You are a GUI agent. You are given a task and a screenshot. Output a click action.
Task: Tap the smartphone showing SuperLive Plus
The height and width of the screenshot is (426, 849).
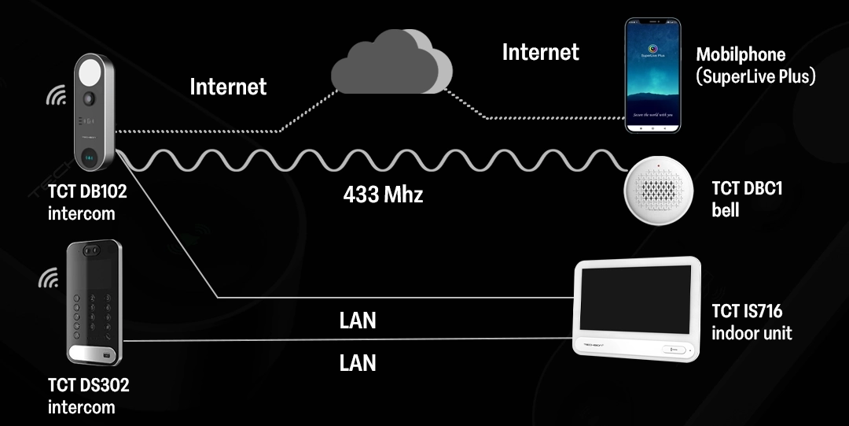coord(652,75)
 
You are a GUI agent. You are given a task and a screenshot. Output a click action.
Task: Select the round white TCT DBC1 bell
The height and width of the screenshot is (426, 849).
coord(661,190)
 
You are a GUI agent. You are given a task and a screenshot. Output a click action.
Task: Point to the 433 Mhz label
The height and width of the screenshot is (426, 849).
coord(383,194)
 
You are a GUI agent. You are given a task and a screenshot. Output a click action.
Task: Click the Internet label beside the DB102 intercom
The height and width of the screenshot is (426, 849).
coord(228,86)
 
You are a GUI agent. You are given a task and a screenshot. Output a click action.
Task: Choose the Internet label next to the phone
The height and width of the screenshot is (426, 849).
coord(540,52)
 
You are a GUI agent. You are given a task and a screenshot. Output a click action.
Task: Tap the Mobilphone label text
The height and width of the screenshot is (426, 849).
coord(741,54)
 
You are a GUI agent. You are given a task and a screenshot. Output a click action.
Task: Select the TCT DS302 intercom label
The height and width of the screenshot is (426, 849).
coord(88,396)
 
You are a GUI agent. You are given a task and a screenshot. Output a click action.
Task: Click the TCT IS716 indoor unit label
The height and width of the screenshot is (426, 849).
coord(751,321)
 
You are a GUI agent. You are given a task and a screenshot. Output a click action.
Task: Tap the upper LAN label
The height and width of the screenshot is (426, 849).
coord(357,320)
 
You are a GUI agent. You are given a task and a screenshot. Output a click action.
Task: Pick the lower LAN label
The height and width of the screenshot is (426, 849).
coord(357,362)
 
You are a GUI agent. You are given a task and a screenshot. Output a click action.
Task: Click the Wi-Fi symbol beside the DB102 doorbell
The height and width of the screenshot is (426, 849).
coord(56,97)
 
